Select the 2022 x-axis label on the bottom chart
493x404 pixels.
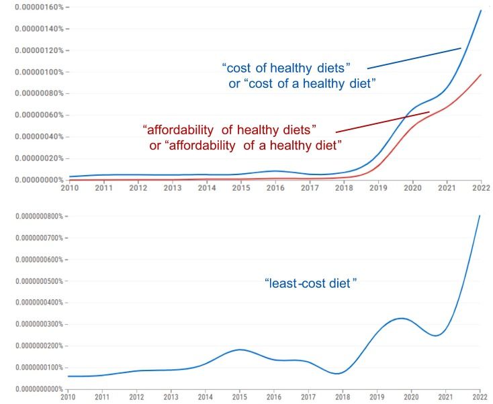480,397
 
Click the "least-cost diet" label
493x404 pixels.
310,284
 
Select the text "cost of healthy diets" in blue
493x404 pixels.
296,67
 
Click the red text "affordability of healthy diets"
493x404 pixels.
229,128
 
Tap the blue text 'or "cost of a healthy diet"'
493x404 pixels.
302,83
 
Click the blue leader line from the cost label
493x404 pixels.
414,58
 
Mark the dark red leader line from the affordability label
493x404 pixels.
382,121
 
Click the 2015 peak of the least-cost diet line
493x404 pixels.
240,350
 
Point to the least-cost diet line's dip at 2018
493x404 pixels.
340,373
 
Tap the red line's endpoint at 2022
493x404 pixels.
481,74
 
